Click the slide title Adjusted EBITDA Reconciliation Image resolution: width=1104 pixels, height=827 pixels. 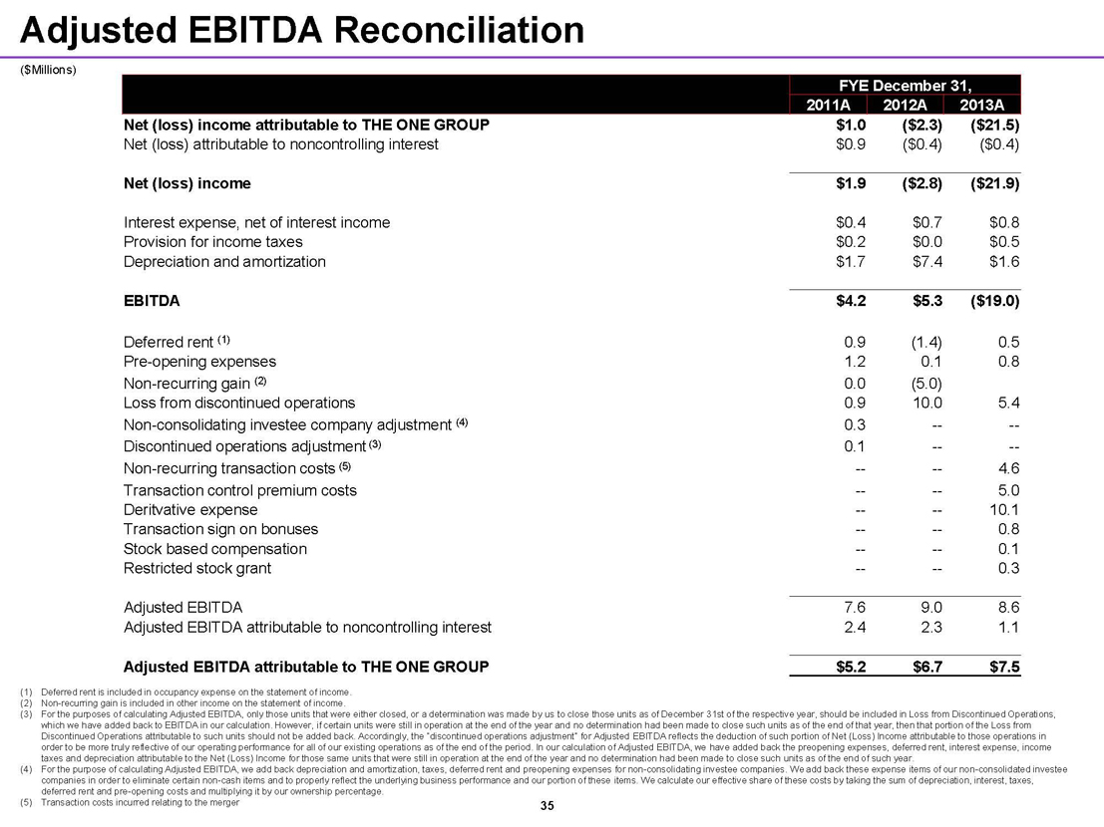[x=302, y=31]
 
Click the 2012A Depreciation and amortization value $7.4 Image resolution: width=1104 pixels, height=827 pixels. [x=924, y=262]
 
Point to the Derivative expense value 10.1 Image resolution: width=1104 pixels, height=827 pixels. [x=1002, y=509]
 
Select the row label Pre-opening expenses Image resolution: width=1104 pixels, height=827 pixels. [x=199, y=362]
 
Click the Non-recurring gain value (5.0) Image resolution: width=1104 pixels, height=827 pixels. [x=921, y=383]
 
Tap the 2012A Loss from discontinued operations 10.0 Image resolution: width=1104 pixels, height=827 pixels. [x=923, y=404]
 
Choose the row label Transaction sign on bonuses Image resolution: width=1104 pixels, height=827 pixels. [x=220, y=529]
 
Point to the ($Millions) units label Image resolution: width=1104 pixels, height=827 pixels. [x=48, y=70]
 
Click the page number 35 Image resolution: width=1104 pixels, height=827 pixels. [x=546, y=804]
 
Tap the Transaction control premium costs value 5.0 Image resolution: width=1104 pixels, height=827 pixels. [x=1008, y=490]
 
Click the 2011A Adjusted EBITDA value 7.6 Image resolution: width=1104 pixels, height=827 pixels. [x=854, y=607]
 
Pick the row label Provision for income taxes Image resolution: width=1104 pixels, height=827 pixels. [x=212, y=242]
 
